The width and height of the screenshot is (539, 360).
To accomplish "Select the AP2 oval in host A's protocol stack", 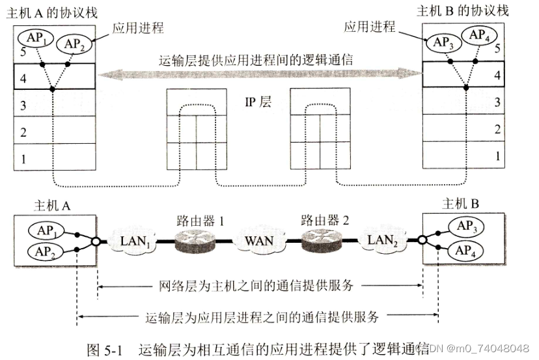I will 73,44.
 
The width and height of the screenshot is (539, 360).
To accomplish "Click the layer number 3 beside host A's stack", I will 23,105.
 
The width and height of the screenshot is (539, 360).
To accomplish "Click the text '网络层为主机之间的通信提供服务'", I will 258,285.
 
